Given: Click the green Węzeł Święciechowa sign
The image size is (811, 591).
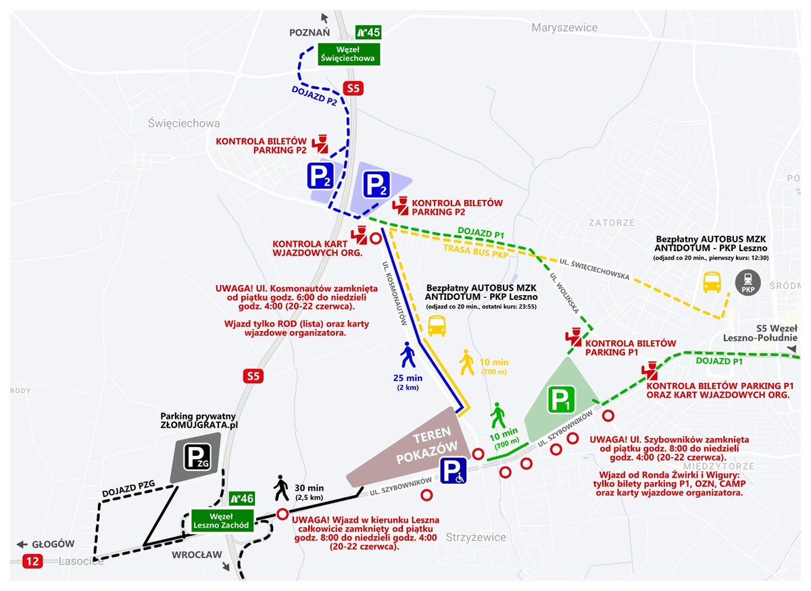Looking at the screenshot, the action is click(x=349, y=54).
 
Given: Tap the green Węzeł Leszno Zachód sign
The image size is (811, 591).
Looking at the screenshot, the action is click(x=221, y=521).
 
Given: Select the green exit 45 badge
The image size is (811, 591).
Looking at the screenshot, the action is click(x=368, y=32).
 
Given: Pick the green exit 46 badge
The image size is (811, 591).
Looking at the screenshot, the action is click(x=242, y=498).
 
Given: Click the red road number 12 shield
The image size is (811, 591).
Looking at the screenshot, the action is click(x=32, y=561).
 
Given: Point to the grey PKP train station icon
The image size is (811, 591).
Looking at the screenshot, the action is click(x=748, y=282).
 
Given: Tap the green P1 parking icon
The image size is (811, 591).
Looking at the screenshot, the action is click(x=561, y=399).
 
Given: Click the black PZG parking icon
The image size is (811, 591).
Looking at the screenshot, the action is click(x=197, y=457).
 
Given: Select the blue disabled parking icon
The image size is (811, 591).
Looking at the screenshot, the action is click(x=453, y=470).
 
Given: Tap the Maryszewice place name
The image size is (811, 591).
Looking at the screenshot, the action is click(x=564, y=28).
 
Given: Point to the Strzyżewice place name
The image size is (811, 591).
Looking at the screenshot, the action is click(x=476, y=537).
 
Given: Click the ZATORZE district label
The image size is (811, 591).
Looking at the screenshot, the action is click(x=612, y=223).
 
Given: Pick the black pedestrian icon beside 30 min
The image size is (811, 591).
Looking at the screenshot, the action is click(x=281, y=488).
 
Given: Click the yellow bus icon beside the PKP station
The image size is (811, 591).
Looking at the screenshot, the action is click(x=712, y=282).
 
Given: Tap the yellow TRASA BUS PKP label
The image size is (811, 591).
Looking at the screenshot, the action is click(x=476, y=251).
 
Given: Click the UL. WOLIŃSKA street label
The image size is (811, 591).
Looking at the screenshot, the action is click(x=564, y=292).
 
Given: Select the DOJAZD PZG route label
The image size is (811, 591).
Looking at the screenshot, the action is click(x=128, y=488).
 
